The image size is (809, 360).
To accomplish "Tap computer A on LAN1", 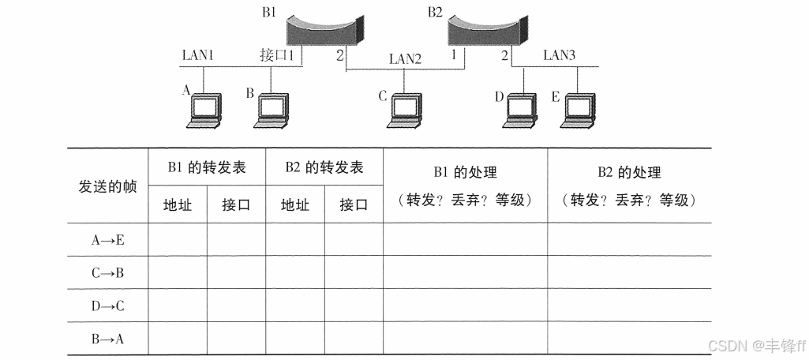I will coord(204,110).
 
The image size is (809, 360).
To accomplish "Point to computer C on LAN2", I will coord(404,111).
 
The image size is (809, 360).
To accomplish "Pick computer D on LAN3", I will coord(523,111).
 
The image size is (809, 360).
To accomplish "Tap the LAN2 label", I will coord(405,58).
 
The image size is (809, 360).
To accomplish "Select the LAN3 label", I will coord(560,55).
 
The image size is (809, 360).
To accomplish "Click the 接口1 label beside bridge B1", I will coord(277,55).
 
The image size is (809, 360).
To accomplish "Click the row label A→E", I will coord(107,240).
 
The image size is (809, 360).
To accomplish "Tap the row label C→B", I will coord(107,273).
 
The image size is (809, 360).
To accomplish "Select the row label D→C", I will coord(107,306).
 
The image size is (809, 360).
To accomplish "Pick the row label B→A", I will coord(107,339).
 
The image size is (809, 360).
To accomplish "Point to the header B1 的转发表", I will coord(207,167).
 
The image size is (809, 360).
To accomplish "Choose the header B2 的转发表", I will coord(324,167).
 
